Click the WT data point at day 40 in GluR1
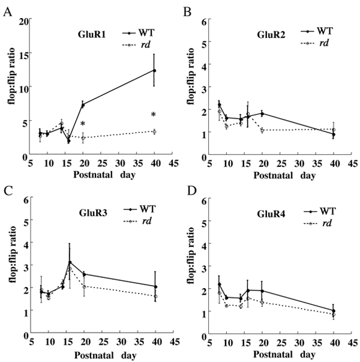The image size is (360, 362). pos(154,70)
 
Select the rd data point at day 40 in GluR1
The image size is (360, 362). pos(154,131)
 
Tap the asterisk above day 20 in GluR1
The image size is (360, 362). pos(83,124)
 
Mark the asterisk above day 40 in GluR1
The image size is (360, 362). pos(154,115)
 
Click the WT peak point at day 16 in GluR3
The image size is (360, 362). pos(70,262)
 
